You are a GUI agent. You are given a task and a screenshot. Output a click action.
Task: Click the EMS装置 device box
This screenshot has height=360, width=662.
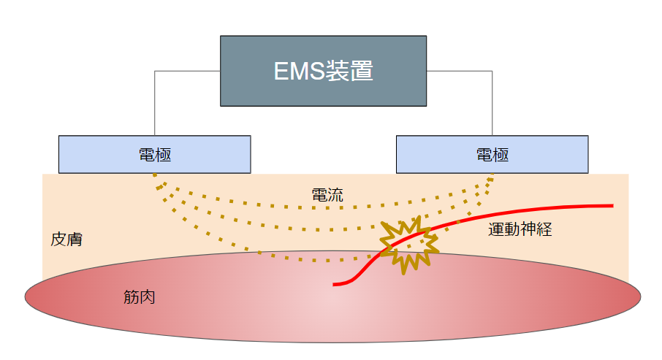point(323,70)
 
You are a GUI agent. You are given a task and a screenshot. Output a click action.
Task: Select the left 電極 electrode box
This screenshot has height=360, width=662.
point(154,154)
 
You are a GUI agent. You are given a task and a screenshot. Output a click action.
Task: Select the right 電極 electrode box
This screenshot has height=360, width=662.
point(492,154)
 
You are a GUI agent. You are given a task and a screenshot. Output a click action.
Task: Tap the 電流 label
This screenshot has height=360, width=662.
point(327,195)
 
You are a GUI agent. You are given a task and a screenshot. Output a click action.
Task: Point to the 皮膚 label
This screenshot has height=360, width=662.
point(66,240)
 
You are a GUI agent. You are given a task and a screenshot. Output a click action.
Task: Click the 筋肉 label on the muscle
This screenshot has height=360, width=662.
point(139,298)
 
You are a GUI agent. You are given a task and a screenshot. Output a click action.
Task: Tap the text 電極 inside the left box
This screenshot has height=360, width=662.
point(154,154)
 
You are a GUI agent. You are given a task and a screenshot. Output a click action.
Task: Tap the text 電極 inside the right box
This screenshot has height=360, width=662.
point(492,154)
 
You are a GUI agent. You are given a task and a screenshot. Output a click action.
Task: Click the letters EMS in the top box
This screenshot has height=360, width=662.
point(297,72)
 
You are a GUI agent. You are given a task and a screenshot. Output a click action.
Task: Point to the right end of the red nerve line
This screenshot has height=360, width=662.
point(611,206)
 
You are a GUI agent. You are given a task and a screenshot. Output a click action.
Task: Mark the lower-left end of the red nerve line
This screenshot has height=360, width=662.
point(335,284)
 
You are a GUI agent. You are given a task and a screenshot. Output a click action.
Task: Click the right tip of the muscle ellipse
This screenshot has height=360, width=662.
point(640,296)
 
